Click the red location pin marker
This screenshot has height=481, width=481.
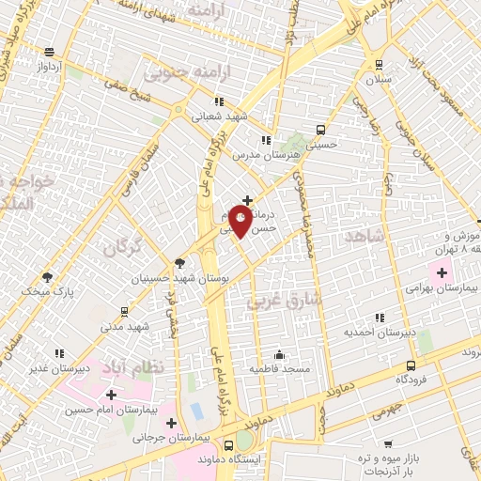(x=240, y=222)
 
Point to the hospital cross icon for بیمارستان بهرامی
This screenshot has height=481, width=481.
(x=442, y=272)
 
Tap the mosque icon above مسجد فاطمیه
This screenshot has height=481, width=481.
(x=279, y=355)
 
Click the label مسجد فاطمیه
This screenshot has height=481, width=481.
(x=279, y=369)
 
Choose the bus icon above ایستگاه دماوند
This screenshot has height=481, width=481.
(x=229, y=445)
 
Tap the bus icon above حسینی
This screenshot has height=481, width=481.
(x=321, y=131)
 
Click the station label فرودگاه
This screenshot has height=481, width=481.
(x=412, y=379)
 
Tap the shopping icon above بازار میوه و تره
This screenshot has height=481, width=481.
(x=388, y=442)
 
